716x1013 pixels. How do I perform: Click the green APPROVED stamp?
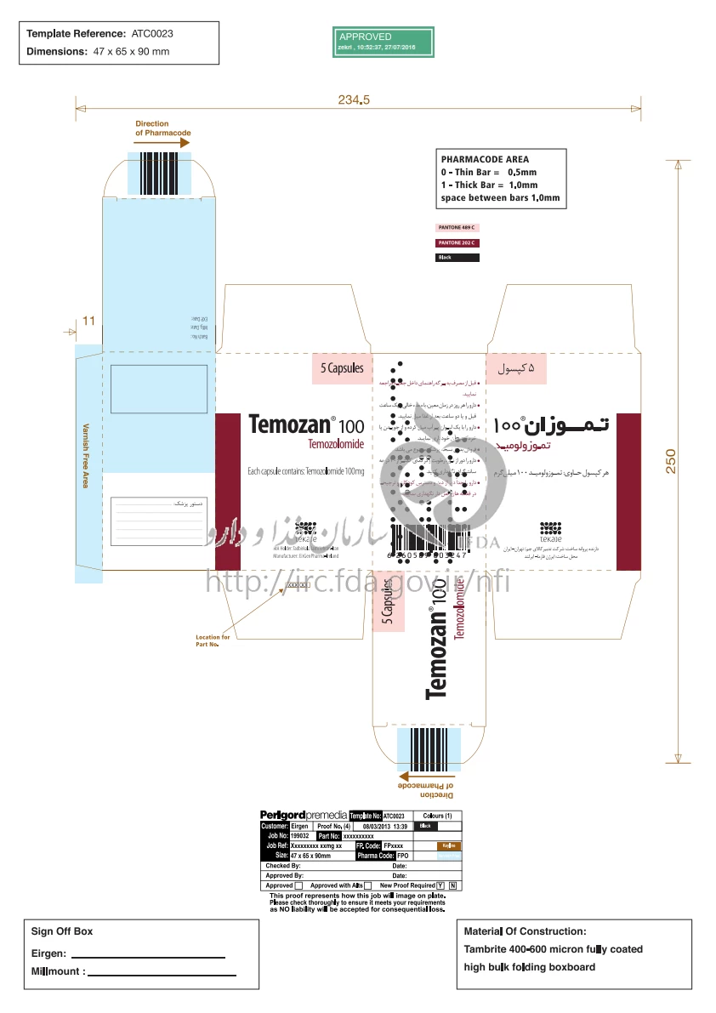(383, 41)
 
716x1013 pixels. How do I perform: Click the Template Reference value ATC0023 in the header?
(152, 34)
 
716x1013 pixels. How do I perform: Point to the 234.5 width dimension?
(354, 100)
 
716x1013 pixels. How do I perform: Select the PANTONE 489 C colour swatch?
(457, 229)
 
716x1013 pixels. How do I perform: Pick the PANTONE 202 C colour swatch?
(457, 243)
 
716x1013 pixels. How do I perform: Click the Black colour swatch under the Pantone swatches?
(457, 258)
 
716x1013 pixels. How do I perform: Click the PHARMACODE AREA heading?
(485, 159)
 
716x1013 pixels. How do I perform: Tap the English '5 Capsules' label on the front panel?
(342, 368)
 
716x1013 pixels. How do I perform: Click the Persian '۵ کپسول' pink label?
(515, 368)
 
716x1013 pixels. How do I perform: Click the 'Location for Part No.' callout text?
(213, 640)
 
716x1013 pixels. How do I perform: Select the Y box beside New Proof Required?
(440, 885)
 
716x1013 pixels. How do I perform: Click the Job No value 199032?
(299, 836)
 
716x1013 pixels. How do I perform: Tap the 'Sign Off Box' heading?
(62, 931)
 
